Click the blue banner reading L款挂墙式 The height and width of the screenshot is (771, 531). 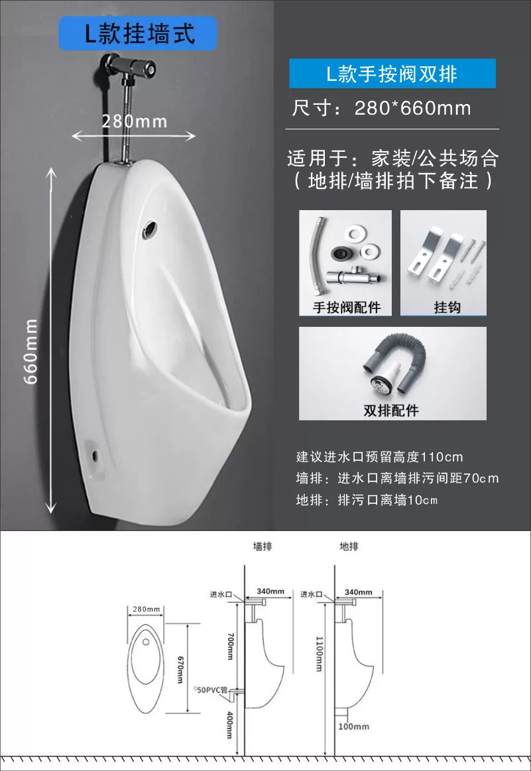coord(138,33)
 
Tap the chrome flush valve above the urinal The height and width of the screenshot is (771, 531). coord(129,66)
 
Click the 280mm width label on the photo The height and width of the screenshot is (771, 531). coord(134,121)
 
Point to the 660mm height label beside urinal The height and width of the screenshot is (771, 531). coord(31,351)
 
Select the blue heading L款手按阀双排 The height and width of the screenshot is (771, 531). coord(392,74)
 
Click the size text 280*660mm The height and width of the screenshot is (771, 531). coord(412,108)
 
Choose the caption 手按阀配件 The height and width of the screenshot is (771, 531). coord(347,308)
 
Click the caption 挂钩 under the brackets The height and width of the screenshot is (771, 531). coord(447,308)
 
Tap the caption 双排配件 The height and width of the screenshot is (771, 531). coord(391,410)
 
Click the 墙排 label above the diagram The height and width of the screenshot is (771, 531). coord(263,546)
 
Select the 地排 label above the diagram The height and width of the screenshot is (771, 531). coord(349,546)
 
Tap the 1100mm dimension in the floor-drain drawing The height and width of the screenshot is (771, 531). coord(319,654)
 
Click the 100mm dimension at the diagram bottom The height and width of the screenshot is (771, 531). coord(353,727)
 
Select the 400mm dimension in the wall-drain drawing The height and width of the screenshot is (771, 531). coord(229,725)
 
